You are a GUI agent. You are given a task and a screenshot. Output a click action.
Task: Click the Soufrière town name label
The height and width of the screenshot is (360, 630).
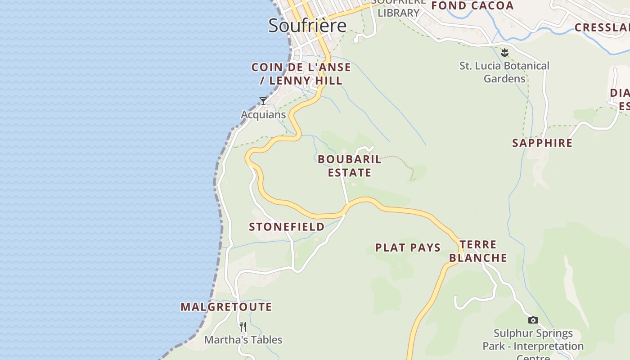pyautogui.click(x=307, y=26)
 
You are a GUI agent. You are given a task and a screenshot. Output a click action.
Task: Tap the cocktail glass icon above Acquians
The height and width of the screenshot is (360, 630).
pyautogui.click(x=263, y=101)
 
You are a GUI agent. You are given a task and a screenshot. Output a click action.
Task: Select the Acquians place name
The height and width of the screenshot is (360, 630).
pyautogui.click(x=263, y=114)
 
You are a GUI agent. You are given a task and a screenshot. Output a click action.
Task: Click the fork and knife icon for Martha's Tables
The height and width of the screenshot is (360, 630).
pyautogui.click(x=243, y=326)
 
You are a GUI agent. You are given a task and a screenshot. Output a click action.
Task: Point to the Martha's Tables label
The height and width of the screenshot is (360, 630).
pyautogui.click(x=243, y=340)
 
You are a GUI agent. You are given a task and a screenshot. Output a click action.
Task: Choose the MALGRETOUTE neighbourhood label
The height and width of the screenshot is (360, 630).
pyautogui.click(x=226, y=307)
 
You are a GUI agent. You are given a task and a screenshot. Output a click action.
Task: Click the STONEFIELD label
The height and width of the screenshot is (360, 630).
pyautogui.click(x=287, y=227)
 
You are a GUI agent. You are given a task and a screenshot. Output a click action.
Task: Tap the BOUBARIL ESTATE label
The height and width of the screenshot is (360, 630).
pyautogui.click(x=350, y=166)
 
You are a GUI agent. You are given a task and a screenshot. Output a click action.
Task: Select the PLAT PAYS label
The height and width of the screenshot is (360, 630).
pyautogui.click(x=408, y=247)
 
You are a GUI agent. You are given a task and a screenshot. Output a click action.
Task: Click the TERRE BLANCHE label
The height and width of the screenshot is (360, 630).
pyautogui.click(x=478, y=251)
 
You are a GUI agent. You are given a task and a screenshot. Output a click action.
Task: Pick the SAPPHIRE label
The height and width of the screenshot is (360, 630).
pyautogui.click(x=542, y=143)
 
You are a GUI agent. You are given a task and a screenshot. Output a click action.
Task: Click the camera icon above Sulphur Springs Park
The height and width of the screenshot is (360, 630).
pyautogui.click(x=533, y=320)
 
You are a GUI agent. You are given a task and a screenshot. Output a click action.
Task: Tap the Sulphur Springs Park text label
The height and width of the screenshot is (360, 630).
pyautogui.click(x=533, y=340)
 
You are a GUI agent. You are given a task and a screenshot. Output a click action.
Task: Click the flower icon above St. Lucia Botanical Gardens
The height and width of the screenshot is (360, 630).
pyautogui.click(x=504, y=52)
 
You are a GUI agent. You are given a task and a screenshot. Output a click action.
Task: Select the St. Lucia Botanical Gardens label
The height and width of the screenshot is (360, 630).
pyautogui.click(x=504, y=72)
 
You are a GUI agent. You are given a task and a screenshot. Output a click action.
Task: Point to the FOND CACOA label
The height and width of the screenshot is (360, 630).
pyautogui.click(x=472, y=6)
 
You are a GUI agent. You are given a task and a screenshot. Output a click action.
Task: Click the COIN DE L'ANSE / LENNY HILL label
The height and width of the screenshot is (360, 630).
pyautogui.click(x=301, y=74)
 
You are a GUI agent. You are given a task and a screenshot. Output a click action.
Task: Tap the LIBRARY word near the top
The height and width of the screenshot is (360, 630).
pyautogui.click(x=398, y=13)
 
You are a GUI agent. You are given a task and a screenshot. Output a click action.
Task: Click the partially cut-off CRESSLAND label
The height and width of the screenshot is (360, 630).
pyautogui.click(x=602, y=27)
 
